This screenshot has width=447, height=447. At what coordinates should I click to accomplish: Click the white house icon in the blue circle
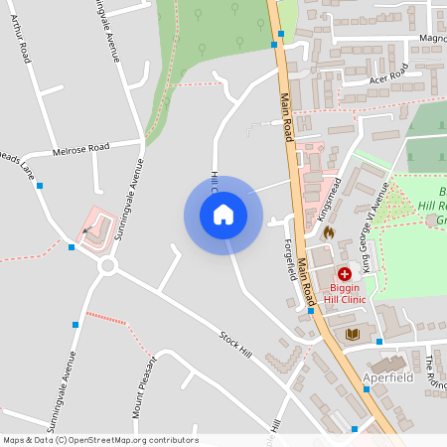point(223,215)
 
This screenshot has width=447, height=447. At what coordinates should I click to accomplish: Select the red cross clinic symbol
point(345,273)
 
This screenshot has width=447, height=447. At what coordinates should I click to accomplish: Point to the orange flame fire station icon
point(328,231)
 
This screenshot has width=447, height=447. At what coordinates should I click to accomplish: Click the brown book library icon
point(351,333)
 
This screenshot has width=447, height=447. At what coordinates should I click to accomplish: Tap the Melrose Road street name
point(80,148)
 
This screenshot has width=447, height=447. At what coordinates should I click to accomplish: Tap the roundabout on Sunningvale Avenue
point(108,266)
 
